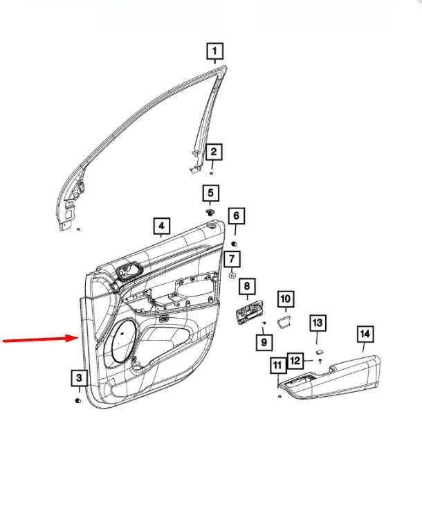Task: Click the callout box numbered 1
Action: coord(214,51)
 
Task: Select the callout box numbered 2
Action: coord(214,152)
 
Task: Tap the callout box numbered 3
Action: coord(79,378)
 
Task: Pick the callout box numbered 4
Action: coord(161,226)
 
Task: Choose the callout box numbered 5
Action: coord(211,193)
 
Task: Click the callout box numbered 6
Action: coord(236,216)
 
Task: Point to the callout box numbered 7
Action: coord(232,259)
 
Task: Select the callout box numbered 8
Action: coord(247,286)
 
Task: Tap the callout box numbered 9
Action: coord(264,342)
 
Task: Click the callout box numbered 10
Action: coord(286,298)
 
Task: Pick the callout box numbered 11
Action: coord(278,365)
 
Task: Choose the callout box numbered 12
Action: coord(295,361)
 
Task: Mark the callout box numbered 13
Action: coord(317,323)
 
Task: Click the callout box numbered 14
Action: coord(365,334)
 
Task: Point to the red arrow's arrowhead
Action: coord(73,338)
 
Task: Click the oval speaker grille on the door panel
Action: coord(123,341)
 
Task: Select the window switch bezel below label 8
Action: coord(249,312)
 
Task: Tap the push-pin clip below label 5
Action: coord(210,213)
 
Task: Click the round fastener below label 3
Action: coord(78,401)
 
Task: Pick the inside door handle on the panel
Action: coord(130,270)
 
